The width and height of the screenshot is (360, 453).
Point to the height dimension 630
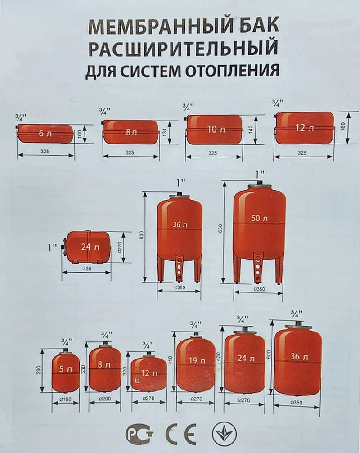[141, 235]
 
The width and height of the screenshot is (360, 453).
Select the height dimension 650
[220, 230]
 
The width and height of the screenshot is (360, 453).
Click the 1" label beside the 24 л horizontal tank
[53, 247]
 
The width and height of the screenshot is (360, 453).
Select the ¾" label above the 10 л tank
[189, 108]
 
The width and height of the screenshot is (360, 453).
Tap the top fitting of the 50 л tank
[259, 184]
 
